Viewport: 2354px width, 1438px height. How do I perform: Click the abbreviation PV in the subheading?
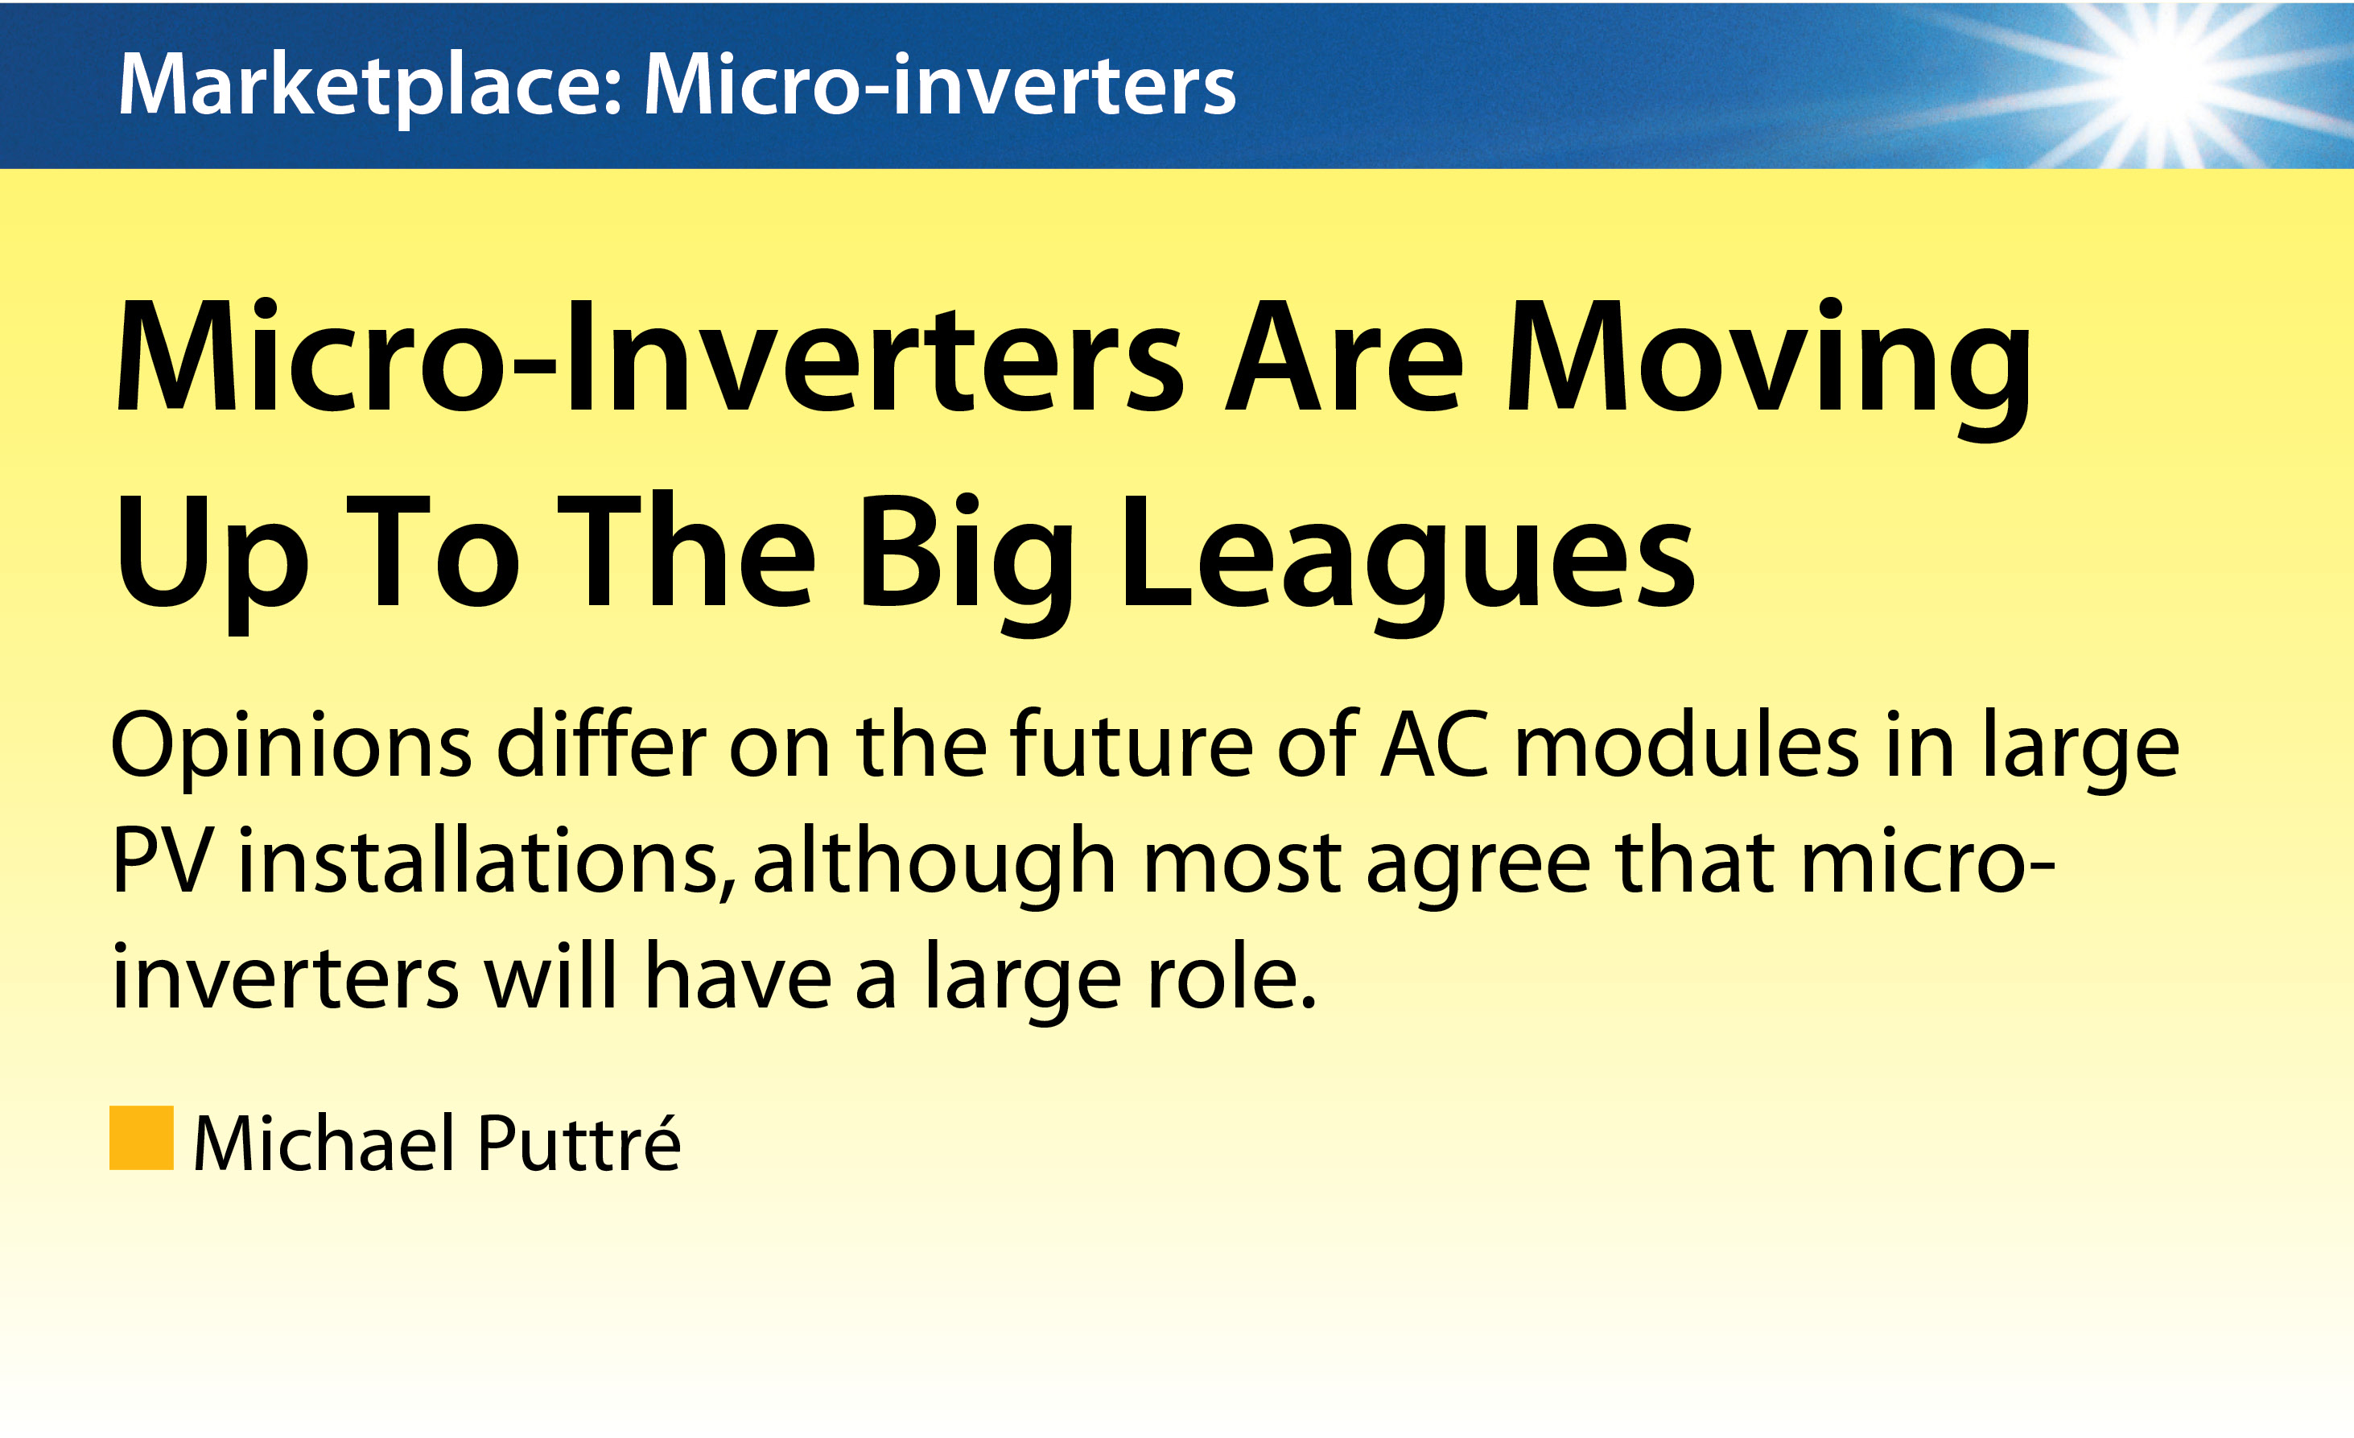coord(163,860)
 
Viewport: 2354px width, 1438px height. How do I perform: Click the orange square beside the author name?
coord(142,1138)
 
